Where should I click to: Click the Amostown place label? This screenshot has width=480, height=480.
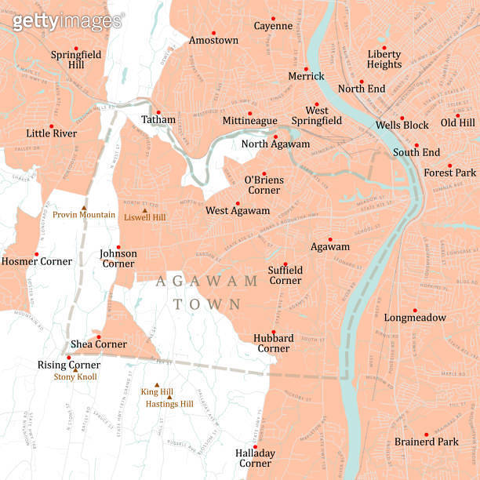[x=213, y=40]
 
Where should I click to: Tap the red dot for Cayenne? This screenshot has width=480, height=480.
[x=273, y=18]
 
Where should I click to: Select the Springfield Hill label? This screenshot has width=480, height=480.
[x=76, y=60]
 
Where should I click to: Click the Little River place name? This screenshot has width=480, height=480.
[x=51, y=133]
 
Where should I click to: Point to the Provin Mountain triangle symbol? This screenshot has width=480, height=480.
[x=84, y=208]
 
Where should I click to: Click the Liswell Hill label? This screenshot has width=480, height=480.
[x=144, y=217]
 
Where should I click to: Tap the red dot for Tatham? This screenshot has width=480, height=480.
[x=158, y=112]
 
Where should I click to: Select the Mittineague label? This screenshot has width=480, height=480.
[x=249, y=121]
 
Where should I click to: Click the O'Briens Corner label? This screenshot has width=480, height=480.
[x=264, y=185]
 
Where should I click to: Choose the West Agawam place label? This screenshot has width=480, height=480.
[x=238, y=211]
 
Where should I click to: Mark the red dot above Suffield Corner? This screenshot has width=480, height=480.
[x=285, y=264]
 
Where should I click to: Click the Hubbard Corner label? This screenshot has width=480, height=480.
[x=273, y=343]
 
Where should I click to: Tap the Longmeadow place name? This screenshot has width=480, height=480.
[x=415, y=318]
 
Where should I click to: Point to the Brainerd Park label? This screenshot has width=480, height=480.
[x=426, y=442]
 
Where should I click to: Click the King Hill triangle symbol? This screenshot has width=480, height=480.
[x=156, y=384]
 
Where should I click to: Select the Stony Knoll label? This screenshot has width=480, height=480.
[x=75, y=376]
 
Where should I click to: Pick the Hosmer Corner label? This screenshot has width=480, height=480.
[x=37, y=261]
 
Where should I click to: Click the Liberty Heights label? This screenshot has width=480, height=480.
[x=384, y=59]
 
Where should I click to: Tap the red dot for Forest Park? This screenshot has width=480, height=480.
[x=449, y=165]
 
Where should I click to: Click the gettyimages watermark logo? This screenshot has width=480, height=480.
[x=67, y=21]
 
